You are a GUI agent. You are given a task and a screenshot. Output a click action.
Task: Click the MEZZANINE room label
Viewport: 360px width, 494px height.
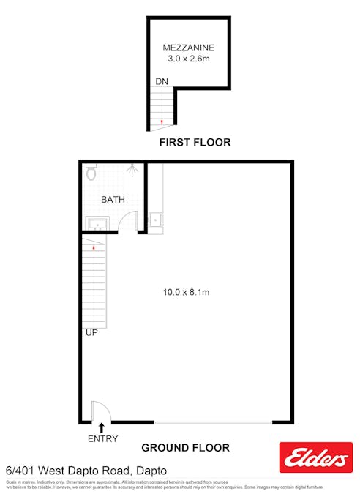tap(188, 48)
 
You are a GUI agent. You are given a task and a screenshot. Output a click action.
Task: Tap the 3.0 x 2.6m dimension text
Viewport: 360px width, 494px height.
tap(188, 59)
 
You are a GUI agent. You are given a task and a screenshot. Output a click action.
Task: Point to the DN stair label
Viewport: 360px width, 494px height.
tap(162, 81)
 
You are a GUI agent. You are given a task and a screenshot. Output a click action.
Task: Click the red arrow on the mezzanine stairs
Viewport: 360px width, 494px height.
tap(162, 121)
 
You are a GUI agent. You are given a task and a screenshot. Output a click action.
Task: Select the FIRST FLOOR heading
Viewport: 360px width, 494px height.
tap(195, 143)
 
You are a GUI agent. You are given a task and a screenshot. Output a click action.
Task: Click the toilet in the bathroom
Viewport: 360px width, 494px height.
tap(91, 173)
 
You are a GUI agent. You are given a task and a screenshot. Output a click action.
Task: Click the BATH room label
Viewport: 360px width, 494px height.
tap(113, 199)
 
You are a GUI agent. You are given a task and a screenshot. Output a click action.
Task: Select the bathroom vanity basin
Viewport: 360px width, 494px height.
tap(96, 222)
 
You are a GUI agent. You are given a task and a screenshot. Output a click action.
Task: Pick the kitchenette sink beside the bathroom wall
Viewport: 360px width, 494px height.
tap(156, 218)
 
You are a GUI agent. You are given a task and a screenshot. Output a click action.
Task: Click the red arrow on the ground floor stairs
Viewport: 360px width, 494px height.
tap(94, 248)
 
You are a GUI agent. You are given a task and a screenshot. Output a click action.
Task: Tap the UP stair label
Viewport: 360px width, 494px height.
tap(92, 332)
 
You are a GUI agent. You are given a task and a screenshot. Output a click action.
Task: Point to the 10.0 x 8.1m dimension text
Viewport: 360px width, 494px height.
tap(186, 293)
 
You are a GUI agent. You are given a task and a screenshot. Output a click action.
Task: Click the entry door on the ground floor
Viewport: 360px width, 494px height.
tap(97, 411)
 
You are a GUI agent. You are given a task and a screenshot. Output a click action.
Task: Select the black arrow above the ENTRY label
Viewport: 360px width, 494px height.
tap(101, 427)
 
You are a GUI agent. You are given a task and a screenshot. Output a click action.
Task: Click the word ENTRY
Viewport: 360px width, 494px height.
tap(102, 439)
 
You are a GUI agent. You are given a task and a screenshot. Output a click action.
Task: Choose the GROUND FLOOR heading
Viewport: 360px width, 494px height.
tap(185, 448)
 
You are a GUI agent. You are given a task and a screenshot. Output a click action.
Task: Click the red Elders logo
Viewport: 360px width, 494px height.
tap(316, 457)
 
